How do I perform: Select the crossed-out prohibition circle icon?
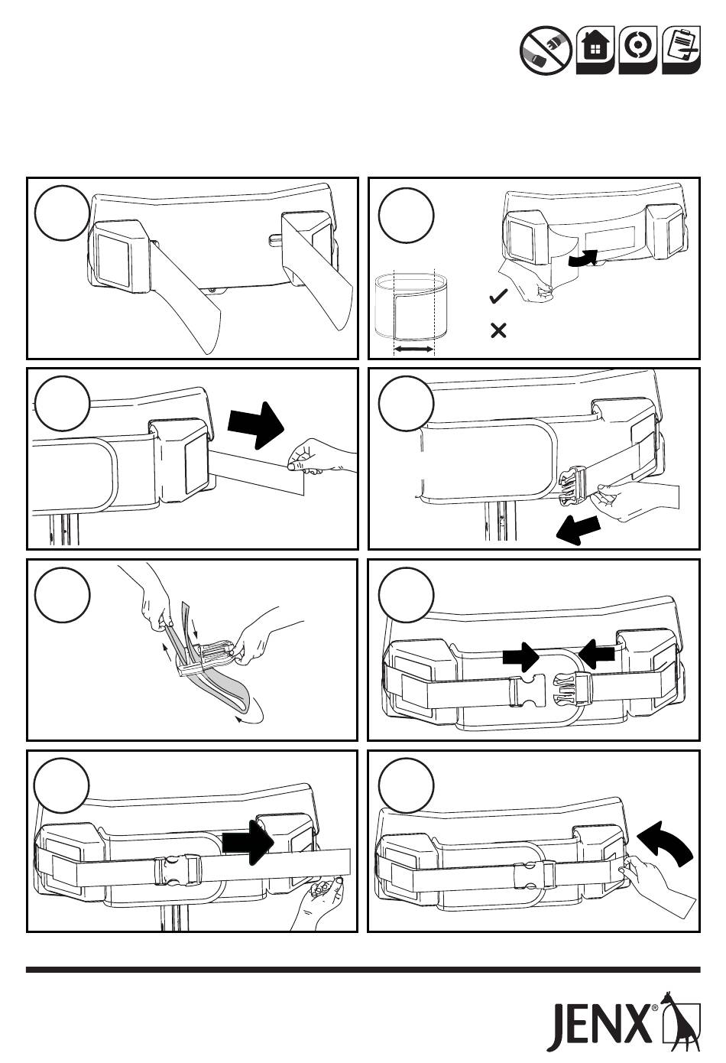[x=546, y=50]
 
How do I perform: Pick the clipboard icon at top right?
[x=681, y=50]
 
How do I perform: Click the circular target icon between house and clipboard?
[x=638, y=50]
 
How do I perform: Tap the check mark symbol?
[x=498, y=297]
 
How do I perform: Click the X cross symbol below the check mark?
[x=498, y=330]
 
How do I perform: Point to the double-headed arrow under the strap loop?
[x=414, y=349]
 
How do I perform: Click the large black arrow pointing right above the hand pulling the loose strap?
[x=256, y=425]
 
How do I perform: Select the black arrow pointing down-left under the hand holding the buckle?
[x=578, y=530]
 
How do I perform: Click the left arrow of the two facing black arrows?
[x=521, y=657]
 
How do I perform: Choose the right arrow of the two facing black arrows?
[x=597, y=655]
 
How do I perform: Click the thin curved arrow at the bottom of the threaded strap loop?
[x=250, y=718]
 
